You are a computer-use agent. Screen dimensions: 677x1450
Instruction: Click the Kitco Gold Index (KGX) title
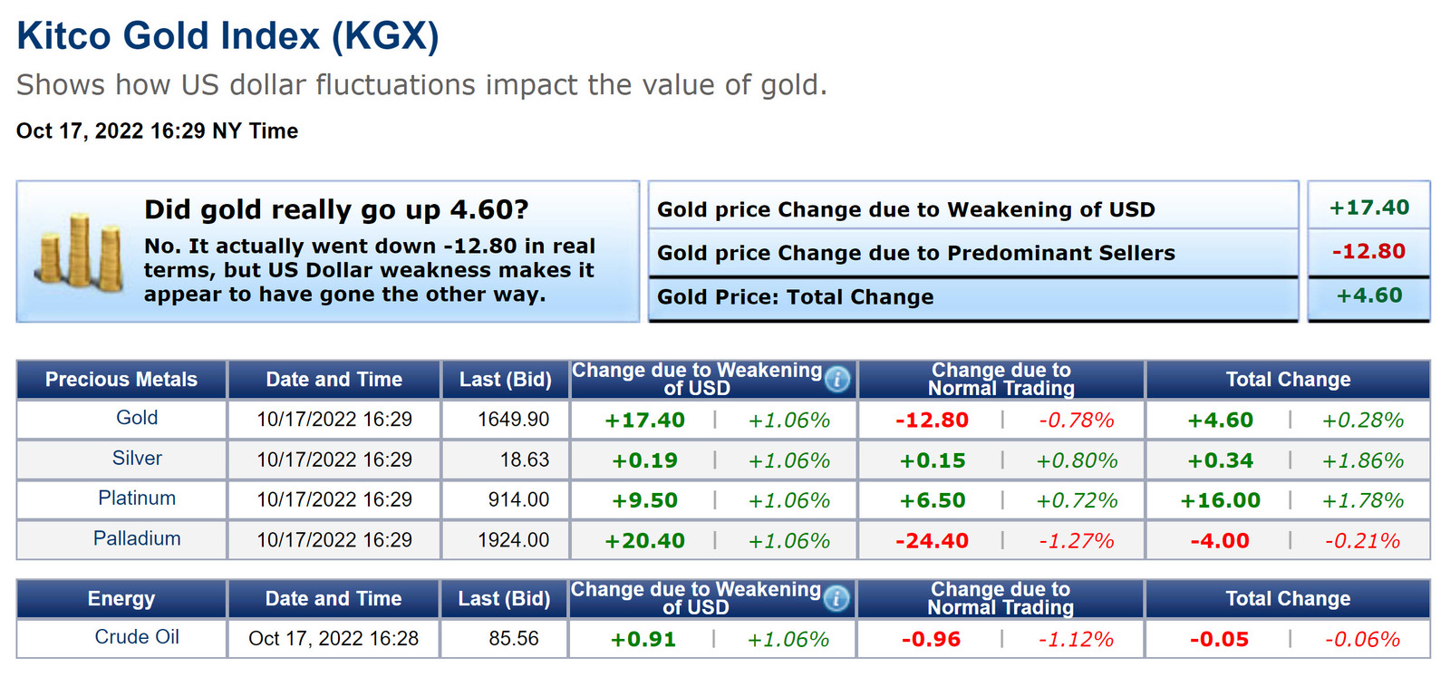227,36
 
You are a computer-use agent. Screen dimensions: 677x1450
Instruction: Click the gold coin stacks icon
80,252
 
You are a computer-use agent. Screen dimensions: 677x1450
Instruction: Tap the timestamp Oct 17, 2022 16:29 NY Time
157,131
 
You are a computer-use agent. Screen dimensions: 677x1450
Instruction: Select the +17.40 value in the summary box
1368,208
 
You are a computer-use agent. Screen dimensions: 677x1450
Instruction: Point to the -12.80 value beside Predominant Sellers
1368,251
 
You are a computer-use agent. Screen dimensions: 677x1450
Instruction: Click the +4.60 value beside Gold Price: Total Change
1368,295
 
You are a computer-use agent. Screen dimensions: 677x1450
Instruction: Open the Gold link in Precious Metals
137,418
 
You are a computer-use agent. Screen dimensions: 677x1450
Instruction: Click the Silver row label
137,459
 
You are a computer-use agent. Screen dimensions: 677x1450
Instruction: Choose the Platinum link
137,498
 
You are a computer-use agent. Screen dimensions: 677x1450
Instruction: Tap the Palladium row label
137,538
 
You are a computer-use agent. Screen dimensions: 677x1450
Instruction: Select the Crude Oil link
137,637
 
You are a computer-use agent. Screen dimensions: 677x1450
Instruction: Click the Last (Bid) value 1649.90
513,420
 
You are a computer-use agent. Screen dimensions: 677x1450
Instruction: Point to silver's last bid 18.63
525,459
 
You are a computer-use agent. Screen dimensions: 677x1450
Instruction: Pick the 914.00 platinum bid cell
518,499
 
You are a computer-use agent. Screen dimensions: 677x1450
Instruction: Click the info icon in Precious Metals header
837,379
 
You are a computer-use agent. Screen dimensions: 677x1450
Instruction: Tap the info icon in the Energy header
836,598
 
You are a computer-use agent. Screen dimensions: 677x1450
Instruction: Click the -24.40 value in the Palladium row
932,541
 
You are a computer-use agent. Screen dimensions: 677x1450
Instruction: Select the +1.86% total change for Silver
1362,460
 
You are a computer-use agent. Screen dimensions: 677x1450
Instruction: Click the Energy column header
121,599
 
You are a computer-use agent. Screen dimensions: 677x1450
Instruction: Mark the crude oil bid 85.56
513,639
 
